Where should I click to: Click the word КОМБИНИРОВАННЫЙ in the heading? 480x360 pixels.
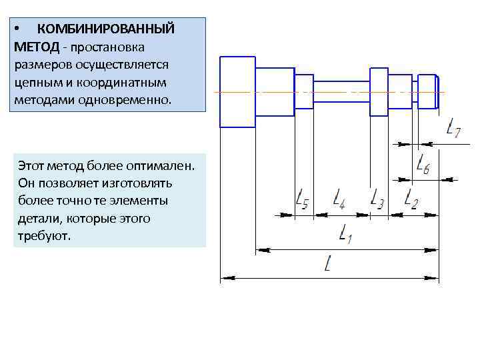coord(105,29)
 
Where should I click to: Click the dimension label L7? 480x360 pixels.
coord(453,128)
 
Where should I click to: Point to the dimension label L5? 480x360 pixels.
coord(301,199)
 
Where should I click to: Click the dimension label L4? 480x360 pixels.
coord(338,199)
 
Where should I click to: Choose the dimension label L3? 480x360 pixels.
coord(377,199)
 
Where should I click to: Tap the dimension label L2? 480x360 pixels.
coord(411,199)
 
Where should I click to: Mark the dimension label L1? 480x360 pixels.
coord(346,233)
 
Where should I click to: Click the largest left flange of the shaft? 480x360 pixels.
coord(237,91)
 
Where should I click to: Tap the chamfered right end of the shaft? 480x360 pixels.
coord(436,92)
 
